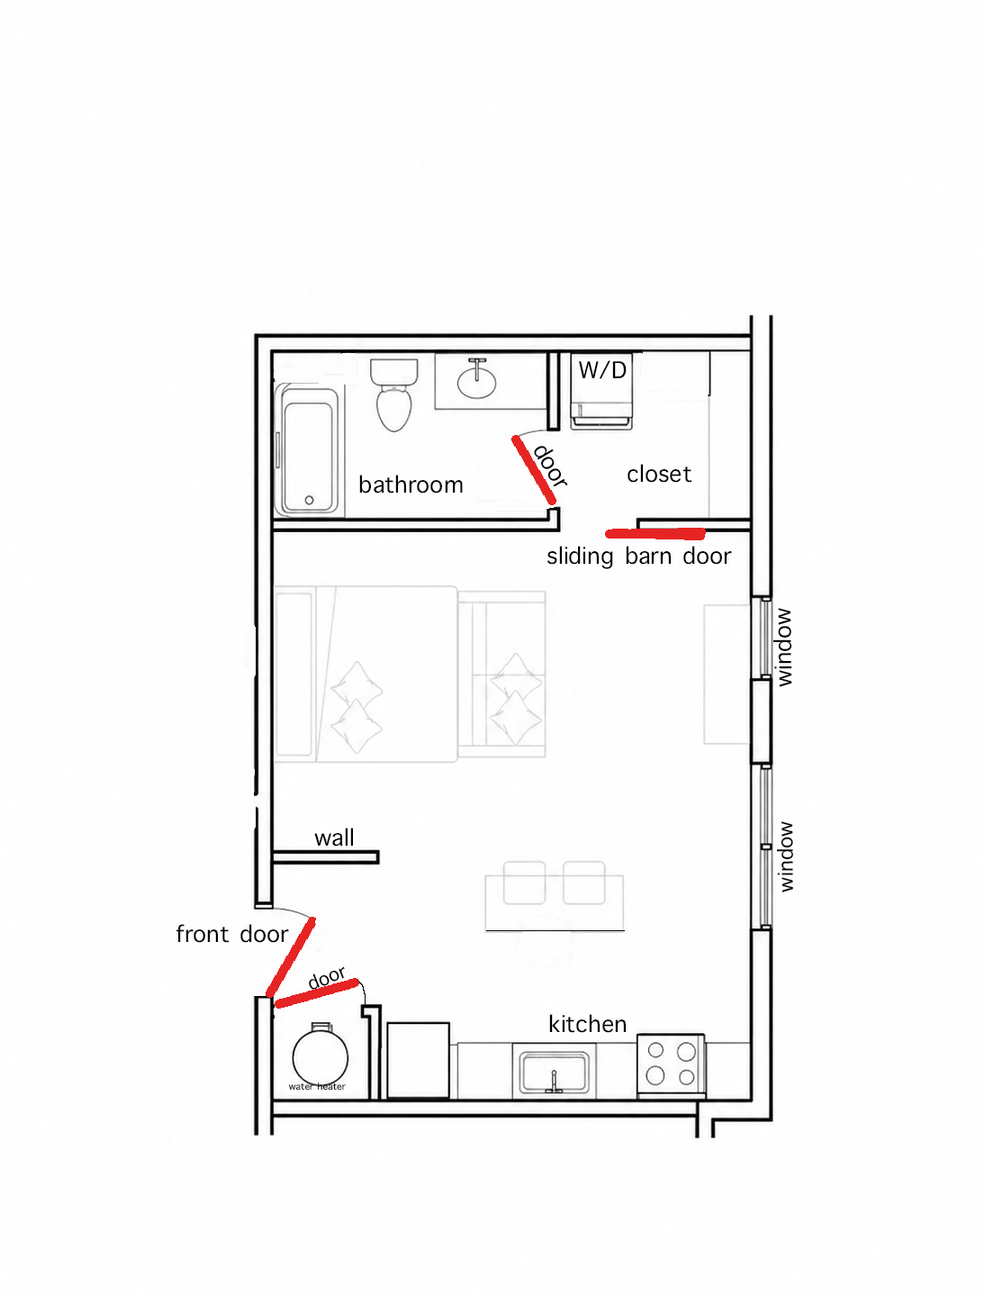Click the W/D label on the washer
602,370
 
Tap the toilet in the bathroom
394,395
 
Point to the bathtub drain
309,501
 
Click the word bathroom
411,485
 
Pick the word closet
659,475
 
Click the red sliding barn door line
655,534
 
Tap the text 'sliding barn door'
638,557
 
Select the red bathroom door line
534,469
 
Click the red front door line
290,957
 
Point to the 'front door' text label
231,935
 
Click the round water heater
321,1058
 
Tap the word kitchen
587,1024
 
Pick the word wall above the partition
334,838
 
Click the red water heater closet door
317,993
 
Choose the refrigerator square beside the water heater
418,1060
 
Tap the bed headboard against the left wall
294,674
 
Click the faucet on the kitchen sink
554,1082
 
